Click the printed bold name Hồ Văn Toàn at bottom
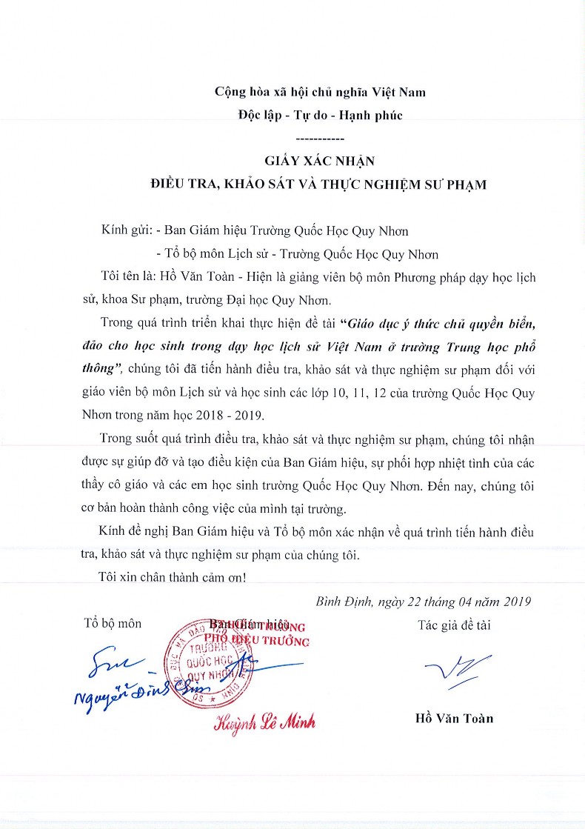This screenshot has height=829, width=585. [x=454, y=718]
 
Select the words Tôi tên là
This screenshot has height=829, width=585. [x=125, y=277]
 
